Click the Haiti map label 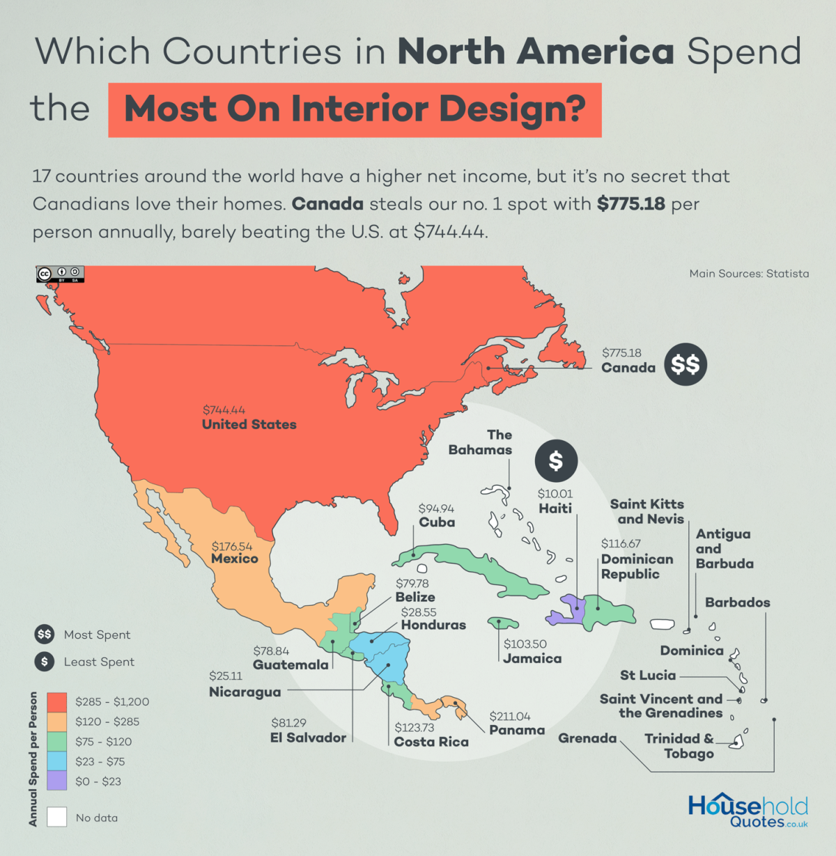(x=555, y=508)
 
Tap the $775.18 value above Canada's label (x=621, y=353)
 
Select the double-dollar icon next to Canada (x=685, y=364)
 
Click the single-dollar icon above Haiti (x=555, y=460)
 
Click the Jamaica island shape (x=503, y=622)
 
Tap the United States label (x=249, y=424)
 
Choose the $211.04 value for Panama (x=509, y=716)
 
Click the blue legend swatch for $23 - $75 (x=57, y=761)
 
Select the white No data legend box (x=57, y=817)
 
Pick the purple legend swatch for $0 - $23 (x=57, y=781)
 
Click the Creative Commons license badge (x=61, y=274)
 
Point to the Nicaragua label (x=245, y=692)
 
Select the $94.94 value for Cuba (x=436, y=509)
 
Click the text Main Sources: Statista (x=749, y=274)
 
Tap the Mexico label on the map (x=235, y=559)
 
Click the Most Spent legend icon (x=45, y=635)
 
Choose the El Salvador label (x=308, y=738)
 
